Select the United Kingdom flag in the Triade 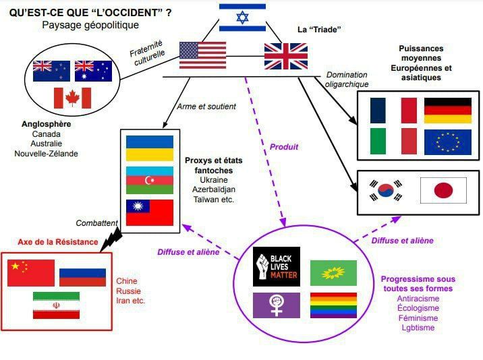point(285,56)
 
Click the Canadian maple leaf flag point(72,98)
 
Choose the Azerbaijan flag point(150,180)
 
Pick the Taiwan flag point(150,212)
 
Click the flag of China point(31,273)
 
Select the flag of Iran point(56,305)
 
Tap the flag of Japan point(443,191)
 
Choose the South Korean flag point(385,191)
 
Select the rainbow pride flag point(333,305)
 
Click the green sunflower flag point(333,272)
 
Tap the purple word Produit point(284,146)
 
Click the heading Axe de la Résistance point(58,241)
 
